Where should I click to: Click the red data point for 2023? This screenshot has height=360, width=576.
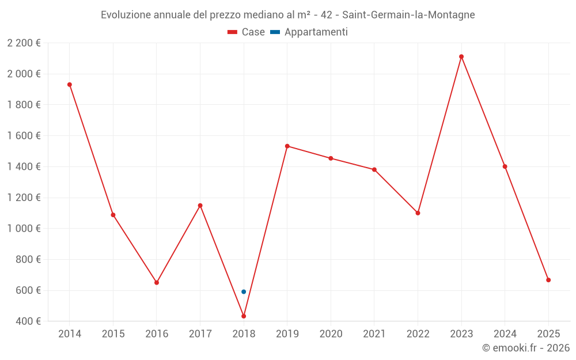point(461,56)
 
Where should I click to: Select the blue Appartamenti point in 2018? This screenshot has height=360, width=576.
point(244,291)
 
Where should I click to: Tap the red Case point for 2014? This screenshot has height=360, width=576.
point(70,85)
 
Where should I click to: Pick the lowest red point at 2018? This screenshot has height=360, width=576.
point(244,316)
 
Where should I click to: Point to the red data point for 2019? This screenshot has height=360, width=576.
point(287,146)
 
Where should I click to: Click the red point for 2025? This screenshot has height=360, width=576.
point(548,280)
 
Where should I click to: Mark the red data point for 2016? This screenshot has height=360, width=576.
point(157,282)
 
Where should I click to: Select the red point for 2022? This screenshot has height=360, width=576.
point(418,213)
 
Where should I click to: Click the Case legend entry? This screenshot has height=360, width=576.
point(246,32)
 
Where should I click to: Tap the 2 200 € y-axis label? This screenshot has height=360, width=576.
point(24,43)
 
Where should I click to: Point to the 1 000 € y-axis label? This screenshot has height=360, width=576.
point(24,228)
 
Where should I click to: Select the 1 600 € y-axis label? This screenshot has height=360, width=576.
point(24,135)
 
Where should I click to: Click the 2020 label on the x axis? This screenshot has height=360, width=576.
point(331,334)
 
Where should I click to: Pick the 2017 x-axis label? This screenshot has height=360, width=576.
point(200,334)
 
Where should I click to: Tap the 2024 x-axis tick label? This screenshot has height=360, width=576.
point(505,334)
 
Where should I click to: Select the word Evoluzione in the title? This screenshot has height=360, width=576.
point(126,15)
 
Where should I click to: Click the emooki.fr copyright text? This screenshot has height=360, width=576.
point(526,348)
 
